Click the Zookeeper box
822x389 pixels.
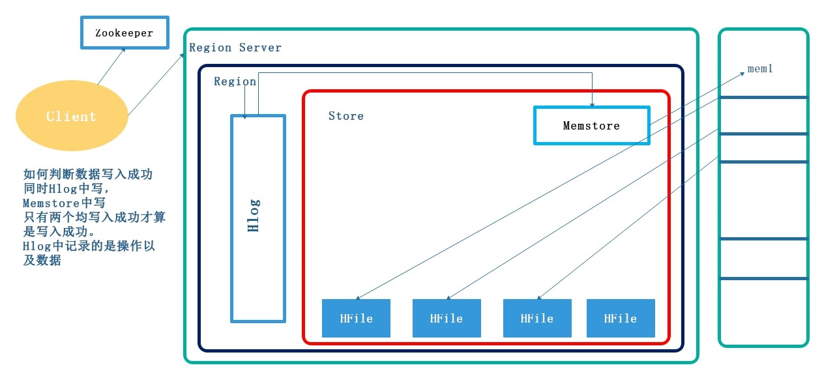pyautogui.click(x=124, y=33)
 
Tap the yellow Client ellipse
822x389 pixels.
pyautogui.click(x=71, y=117)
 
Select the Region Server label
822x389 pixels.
pyautogui.click(x=235, y=48)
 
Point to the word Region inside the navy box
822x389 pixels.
pyautogui.click(x=235, y=81)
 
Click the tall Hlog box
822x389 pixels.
pyautogui.click(x=258, y=218)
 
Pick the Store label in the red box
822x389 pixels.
pyautogui.click(x=345, y=116)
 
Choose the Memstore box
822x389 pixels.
pyautogui.click(x=591, y=125)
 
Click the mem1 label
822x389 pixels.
pyautogui.click(x=760, y=68)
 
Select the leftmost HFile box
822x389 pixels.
pyautogui.click(x=356, y=319)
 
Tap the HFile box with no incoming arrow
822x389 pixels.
pyautogui.click(x=620, y=319)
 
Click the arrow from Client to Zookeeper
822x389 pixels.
pyautogui.click(x=111, y=66)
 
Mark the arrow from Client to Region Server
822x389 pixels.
pyautogui.click(x=156, y=85)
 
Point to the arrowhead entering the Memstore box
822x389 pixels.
pyautogui.click(x=592, y=103)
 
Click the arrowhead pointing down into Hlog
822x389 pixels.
pyautogui.click(x=245, y=115)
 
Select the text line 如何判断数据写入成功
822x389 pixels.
pyautogui.click(x=88, y=175)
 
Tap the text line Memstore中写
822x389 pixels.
pyautogui.click(x=64, y=203)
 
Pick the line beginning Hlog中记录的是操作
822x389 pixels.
pyautogui.click(x=89, y=246)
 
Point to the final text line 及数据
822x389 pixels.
pyautogui.click(x=42, y=261)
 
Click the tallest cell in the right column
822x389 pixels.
pyautogui.click(x=763, y=200)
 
